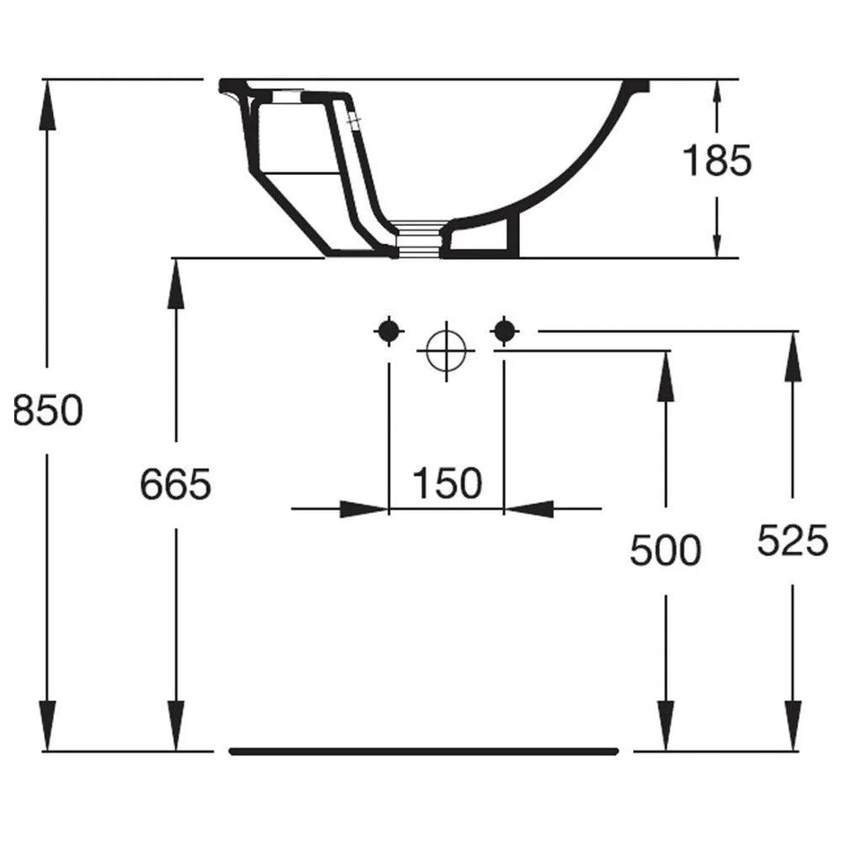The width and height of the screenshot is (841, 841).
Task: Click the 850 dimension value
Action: click(48, 411)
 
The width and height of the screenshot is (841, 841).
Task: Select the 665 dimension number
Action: click(176, 484)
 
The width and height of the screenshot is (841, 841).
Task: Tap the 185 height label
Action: click(716, 160)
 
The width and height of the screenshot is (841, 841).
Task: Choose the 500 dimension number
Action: click(665, 551)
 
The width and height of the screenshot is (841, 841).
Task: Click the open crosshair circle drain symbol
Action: click(447, 351)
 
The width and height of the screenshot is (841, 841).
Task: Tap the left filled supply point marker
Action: click(388, 332)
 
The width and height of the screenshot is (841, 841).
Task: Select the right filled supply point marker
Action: click(504, 332)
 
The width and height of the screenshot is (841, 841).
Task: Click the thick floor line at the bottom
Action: click(424, 751)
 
